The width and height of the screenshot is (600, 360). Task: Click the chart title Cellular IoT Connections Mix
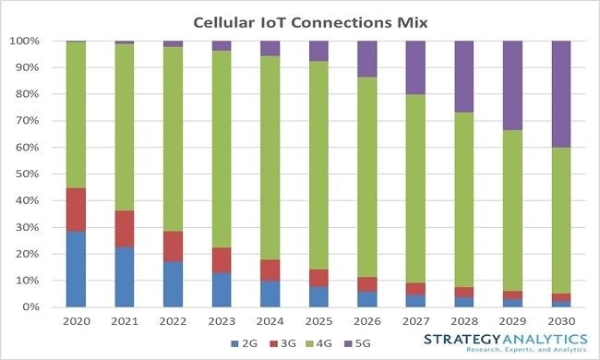[x=302, y=20]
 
